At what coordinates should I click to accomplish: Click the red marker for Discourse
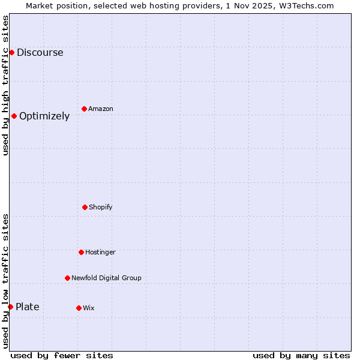click(x=11, y=52)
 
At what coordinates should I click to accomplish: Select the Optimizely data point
click(x=14, y=116)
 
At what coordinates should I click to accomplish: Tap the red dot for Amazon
click(x=84, y=109)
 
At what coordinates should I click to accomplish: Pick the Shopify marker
click(x=85, y=207)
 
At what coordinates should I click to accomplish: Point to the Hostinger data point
click(x=81, y=252)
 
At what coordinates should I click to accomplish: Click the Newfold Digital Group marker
click(x=67, y=278)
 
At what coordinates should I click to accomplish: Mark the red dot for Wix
click(x=79, y=308)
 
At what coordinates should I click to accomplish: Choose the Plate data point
click(x=10, y=307)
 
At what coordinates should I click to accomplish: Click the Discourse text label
click(x=40, y=52)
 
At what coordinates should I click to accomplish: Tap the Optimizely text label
click(x=44, y=116)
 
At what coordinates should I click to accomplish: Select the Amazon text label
click(x=101, y=109)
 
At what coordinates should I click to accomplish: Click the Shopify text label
click(x=101, y=207)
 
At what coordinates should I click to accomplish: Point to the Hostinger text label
click(x=100, y=252)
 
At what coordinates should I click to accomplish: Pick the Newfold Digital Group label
click(x=106, y=278)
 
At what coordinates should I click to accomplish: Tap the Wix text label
click(x=89, y=308)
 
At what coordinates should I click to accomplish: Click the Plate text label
click(x=28, y=307)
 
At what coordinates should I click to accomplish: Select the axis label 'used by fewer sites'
click(x=62, y=355)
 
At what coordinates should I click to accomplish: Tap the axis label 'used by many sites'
click(x=301, y=355)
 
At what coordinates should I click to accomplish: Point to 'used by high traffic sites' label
click(x=5, y=85)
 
